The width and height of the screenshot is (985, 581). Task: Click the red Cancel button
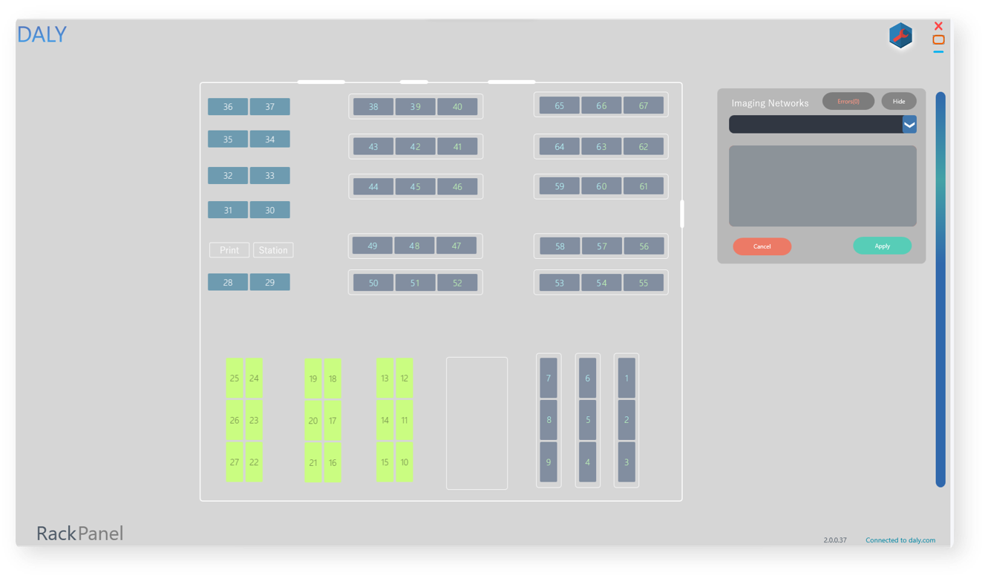[762, 246]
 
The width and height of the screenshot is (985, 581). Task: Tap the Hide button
[898, 101]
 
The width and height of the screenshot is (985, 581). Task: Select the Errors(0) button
[848, 101]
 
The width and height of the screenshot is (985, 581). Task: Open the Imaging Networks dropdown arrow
[909, 125]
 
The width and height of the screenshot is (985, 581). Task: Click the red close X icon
[938, 26]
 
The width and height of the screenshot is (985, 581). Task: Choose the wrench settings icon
[900, 36]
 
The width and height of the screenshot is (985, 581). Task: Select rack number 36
[228, 107]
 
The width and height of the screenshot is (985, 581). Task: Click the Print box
[229, 250]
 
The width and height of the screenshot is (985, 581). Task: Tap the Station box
[273, 250]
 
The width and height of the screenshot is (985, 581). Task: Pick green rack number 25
[235, 378]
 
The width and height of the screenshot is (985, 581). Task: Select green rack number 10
[405, 462]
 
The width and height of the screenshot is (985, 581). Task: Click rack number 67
[644, 106]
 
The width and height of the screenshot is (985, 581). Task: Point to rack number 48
[414, 246]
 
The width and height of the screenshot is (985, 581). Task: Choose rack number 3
[626, 462]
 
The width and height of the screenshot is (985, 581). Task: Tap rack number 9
[549, 462]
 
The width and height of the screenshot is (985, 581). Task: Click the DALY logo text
[42, 35]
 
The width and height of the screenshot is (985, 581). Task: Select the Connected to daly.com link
[900, 540]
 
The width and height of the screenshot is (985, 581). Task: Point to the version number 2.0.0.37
[834, 540]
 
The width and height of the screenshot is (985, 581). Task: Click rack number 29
[269, 283]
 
